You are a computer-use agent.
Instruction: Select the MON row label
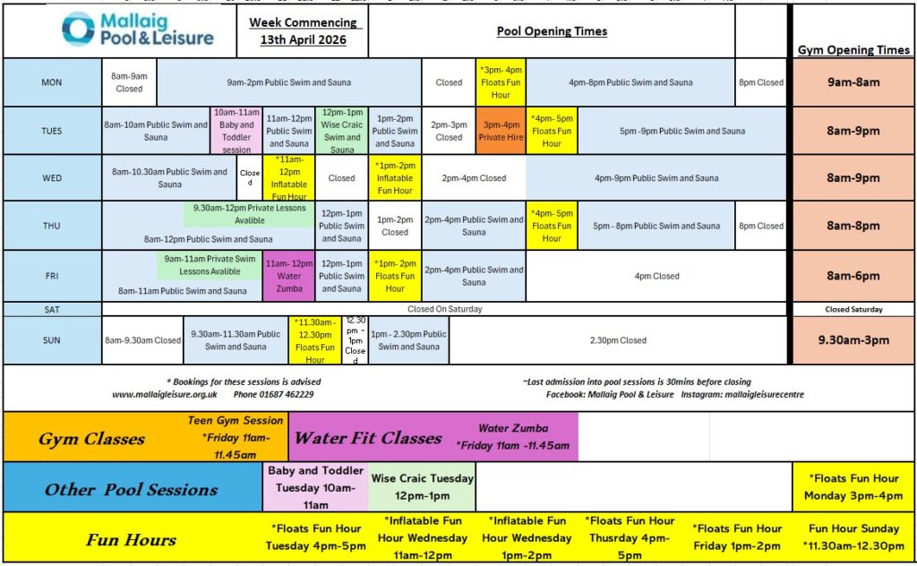pos(52,82)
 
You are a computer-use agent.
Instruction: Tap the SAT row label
pos(52,309)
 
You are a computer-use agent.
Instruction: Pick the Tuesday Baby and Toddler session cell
pos(236,131)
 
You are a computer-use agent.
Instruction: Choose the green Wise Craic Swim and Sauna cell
pos(341,131)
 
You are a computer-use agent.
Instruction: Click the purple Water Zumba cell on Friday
pos(289,276)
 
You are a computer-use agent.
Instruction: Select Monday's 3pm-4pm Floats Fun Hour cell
pos(501,82)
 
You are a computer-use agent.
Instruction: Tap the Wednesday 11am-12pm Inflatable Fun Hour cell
pos(289,177)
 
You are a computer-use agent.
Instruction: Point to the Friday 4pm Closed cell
pos(657,276)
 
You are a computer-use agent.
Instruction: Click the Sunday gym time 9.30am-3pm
pos(853,340)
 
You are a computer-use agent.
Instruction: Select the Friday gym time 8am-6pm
pos(853,276)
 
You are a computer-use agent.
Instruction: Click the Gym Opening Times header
pos(853,50)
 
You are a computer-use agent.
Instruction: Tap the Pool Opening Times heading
pos(552,31)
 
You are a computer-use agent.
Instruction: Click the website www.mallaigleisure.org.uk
pos(165,394)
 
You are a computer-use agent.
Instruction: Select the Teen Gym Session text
pos(236,420)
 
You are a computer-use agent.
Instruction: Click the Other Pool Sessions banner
pos(132,489)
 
